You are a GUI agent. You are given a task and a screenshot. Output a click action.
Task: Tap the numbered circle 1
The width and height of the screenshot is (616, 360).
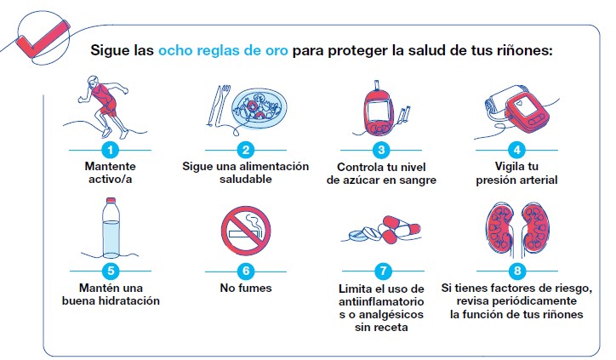pyautogui.click(x=109, y=150)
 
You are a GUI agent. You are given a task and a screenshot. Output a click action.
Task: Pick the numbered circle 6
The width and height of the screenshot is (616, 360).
pyautogui.click(x=245, y=271)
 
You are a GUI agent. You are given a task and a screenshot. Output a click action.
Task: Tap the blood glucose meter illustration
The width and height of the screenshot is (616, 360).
pyautogui.click(x=379, y=111)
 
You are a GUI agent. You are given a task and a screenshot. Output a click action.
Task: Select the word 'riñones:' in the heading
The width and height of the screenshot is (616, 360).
pyautogui.click(x=522, y=49)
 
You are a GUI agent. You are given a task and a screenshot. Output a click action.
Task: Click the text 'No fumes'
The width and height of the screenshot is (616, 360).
pyautogui.click(x=245, y=289)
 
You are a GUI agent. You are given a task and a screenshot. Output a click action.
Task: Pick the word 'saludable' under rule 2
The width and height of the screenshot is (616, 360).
pyautogui.click(x=245, y=180)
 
